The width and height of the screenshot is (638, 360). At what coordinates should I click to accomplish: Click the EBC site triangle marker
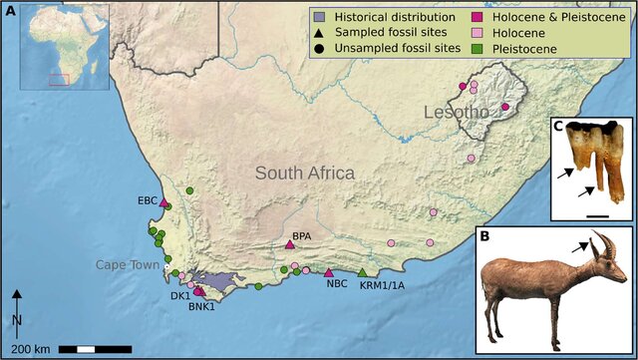point(163,202)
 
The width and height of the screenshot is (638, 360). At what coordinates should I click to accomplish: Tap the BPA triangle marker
point(290,244)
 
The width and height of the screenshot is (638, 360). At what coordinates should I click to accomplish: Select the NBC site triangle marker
point(329,273)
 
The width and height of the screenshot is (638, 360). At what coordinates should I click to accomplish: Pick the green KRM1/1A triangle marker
point(363,273)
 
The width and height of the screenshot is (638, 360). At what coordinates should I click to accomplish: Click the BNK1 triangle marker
point(198,291)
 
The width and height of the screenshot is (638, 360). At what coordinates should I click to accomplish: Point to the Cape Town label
point(127,265)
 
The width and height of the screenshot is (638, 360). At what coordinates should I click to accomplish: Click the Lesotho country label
point(457,112)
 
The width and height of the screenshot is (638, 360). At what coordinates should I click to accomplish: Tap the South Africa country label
point(304,174)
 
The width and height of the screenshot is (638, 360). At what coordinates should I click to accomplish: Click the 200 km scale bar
point(95,349)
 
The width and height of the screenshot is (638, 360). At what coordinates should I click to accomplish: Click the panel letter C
point(558,126)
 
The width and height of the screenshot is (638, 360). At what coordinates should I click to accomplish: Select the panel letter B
point(483,237)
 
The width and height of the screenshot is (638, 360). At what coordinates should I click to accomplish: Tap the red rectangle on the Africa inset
point(59,79)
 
